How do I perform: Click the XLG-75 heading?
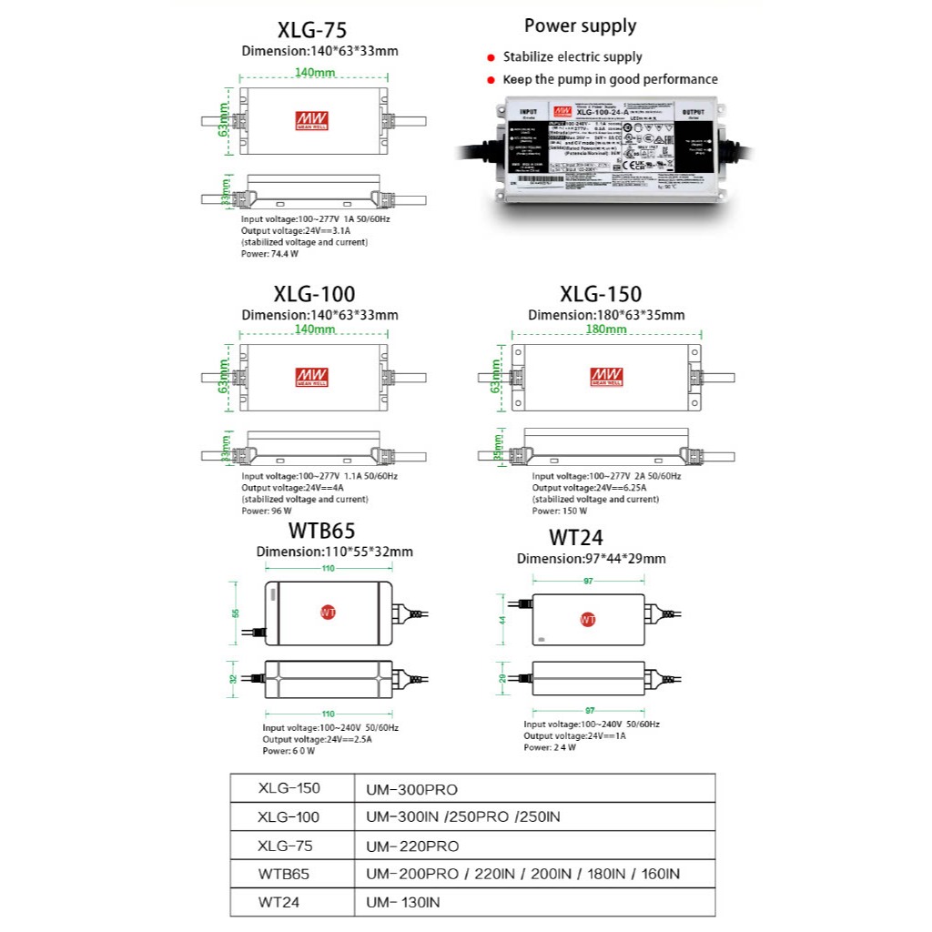coord(311,30)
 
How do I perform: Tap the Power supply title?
coord(580,25)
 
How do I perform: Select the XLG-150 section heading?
coord(601,293)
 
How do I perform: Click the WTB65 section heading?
coord(321,531)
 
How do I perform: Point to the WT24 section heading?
coord(575,538)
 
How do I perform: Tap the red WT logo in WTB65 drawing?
coord(329,613)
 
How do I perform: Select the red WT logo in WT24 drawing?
coord(588,620)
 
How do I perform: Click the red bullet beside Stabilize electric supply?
coord(491,57)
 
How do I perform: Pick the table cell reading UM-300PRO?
coord(411,788)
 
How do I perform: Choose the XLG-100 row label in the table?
coord(289,816)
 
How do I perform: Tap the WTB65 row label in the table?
coord(283,874)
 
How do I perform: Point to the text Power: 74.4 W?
coord(269,254)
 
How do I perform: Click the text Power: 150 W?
coord(559,511)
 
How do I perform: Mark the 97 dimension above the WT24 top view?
coord(588,580)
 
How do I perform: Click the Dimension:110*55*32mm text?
coord(334,552)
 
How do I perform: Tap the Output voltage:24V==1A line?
coord(574,735)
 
